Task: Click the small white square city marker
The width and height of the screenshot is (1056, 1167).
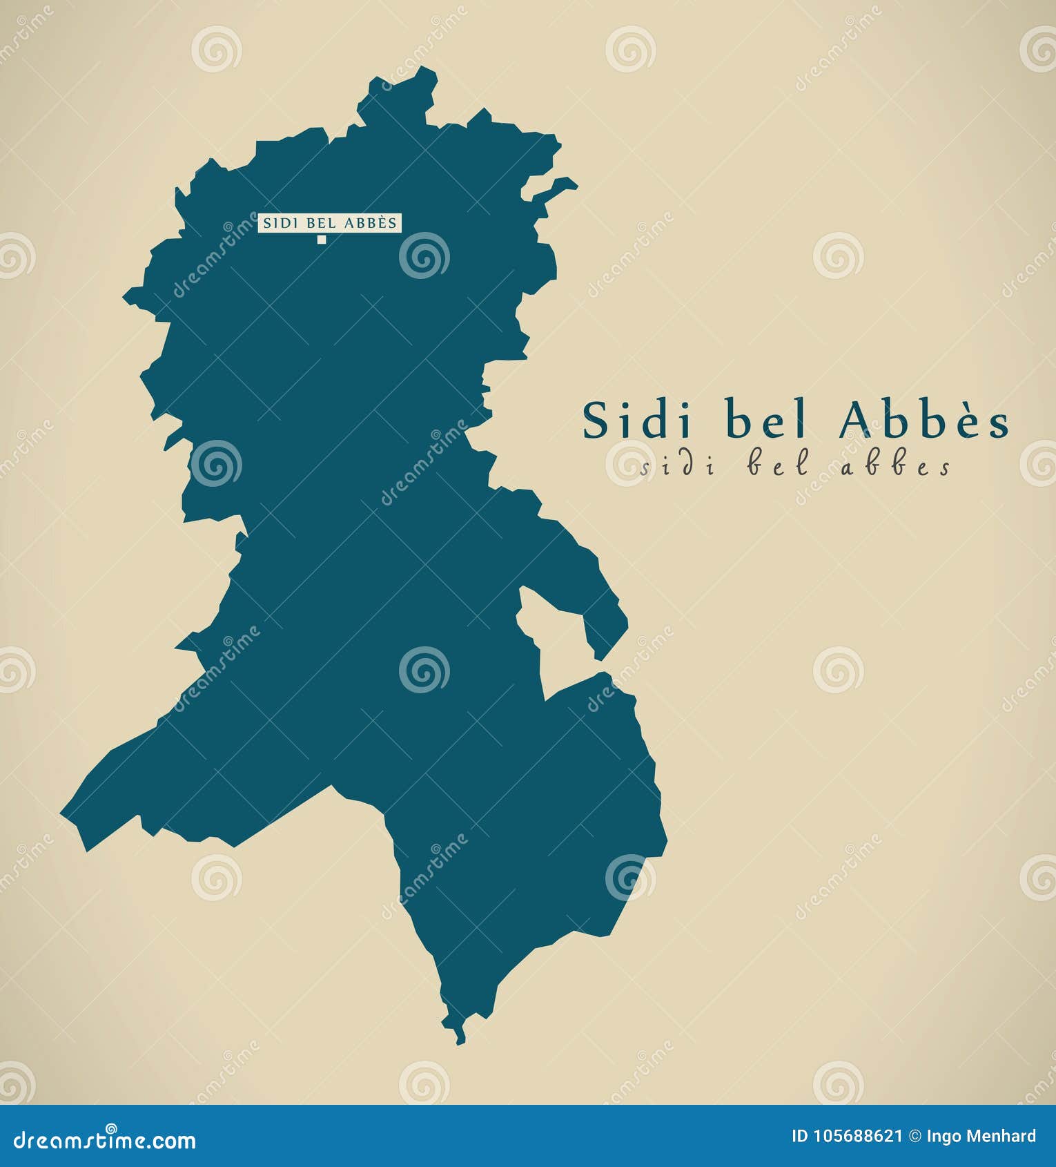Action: click(x=321, y=240)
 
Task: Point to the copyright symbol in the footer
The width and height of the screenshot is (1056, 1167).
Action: click(x=915, y=1136)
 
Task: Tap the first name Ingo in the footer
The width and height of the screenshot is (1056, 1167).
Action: click(x=942, y=1137)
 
